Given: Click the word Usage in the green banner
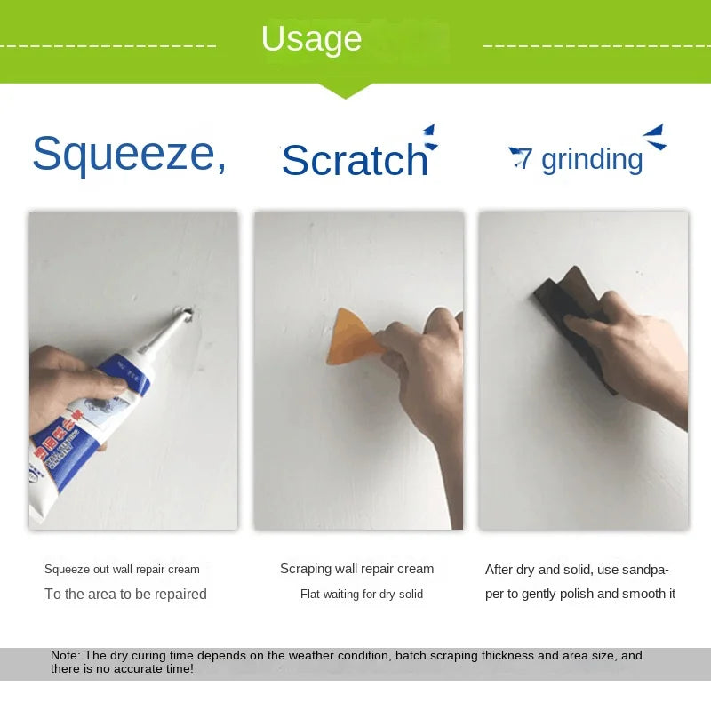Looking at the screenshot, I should pos(311,39).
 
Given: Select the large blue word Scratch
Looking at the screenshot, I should pos(355,161).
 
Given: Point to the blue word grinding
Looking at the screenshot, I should pos(591,159).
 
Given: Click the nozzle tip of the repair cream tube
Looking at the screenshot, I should pos(187,314).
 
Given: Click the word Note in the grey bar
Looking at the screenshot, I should pos(65,656).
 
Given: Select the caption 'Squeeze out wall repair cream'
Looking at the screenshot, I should pos(122,569).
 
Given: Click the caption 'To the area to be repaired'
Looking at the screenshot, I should pos(125,594).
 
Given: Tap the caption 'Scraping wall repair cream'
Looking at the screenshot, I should pos(357,569).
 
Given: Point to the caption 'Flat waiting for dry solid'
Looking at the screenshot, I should pos(361,594).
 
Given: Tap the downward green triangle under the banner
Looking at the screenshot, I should pos(344,90).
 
